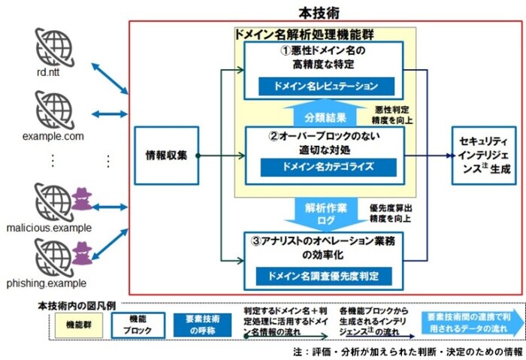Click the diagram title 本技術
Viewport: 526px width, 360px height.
click(319, 13)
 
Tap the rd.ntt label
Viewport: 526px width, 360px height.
click(48, 72)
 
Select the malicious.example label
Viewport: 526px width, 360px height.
click(49, 228)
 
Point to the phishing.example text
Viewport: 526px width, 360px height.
click(47, 283)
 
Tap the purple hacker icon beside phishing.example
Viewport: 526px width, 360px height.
click(82, 253)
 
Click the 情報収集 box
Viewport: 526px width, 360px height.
click(167, 156)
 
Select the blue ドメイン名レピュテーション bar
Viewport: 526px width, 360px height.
click(326, 86)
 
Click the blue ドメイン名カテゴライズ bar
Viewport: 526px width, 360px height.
click(328, 167)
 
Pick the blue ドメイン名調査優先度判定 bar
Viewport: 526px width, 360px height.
click(324, 276)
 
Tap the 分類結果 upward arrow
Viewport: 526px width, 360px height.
click(325, 113)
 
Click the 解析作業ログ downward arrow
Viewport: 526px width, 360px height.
click(325, 214)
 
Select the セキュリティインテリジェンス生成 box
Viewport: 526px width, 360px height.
click(484, 156)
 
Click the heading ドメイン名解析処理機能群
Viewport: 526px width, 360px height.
click(304, 35)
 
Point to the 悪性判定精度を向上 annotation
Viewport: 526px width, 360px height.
click(392, 115)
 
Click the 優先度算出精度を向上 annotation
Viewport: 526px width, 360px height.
click(391, 213)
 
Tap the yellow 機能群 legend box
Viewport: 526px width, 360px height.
click(79, 325)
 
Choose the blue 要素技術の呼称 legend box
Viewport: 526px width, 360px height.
click(202, 325)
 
